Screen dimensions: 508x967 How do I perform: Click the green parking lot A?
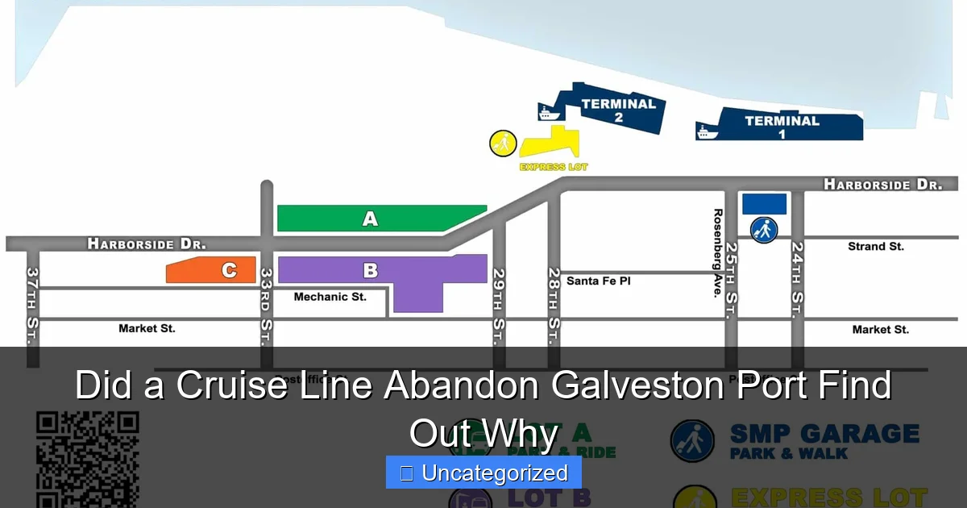point(371,219)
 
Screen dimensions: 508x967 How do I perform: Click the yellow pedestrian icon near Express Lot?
point(503,144)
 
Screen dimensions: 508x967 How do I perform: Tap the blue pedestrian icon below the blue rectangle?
point(764,230)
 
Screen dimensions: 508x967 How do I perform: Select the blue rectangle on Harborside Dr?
point(764,204)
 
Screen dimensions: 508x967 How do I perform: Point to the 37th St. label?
point(32,306)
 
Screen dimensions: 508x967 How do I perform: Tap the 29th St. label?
point(499,306)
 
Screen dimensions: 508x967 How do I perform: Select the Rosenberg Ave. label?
point(717,253)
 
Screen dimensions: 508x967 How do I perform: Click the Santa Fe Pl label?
point(598,281)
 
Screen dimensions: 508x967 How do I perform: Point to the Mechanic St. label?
point(330,297)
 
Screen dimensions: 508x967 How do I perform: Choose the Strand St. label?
point(875,247)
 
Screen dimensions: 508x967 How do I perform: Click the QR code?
point(87,460)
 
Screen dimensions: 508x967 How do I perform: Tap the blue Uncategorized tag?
point(483,473)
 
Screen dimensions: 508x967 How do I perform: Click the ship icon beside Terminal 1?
point(706,131)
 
